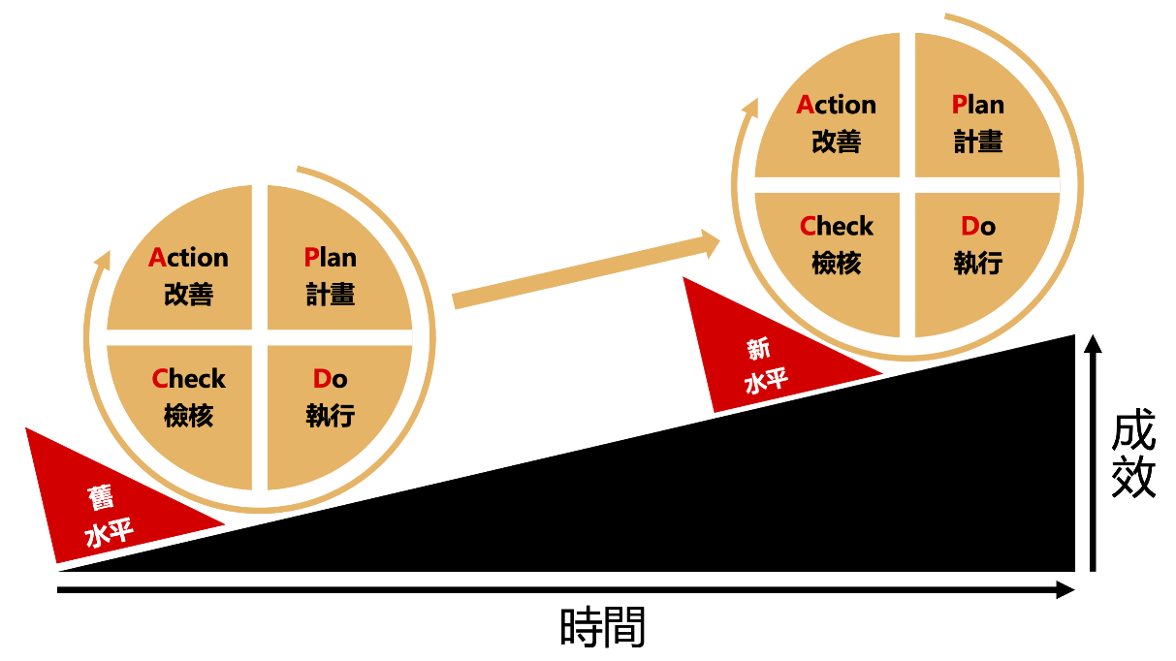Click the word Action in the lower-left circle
point(188,258)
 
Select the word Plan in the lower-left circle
point(330,258)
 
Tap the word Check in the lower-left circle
point(188,379)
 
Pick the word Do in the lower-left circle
point(330,379)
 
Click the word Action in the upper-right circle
point(836,105)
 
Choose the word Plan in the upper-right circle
point(977,105)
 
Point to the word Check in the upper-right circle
point(836,227)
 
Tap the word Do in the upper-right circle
point(977,227)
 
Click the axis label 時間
point(603,628)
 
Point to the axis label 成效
point(1133,456)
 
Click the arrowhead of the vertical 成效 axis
point(1093,344)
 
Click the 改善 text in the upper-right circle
point(836,142)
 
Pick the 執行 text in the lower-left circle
point(330,416)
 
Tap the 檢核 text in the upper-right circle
point(836,263)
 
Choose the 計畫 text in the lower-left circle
point(330,295)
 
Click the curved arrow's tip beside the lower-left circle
point(102,258)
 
